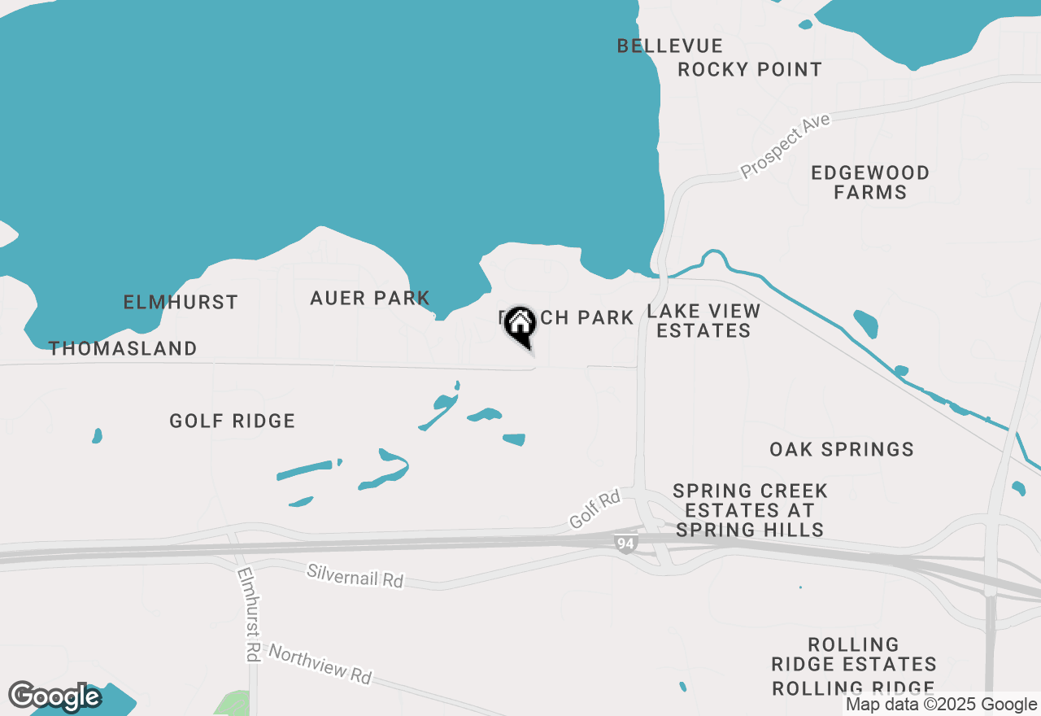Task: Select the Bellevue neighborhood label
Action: pyautogui.click(x=669, y=46)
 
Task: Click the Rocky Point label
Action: pyautogui.click(x=750, y=69)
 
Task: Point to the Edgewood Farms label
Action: pyautogui.click(x=870, y=182)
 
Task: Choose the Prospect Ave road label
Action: pyautogui.click(x=785, y=146)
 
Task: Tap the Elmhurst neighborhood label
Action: pyautogui.click(x=181, y=302)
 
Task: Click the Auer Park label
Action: pyautogui.click(x=370, y=298)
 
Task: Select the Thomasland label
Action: pyautogui.click(x=123, y=348)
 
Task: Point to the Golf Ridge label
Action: pyautogui.click(x=233, y=421)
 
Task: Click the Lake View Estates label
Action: pyautogui.click(x=704, y=321)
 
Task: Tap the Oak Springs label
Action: pyautogui.click(x=842, y=449)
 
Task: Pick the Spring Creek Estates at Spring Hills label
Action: pyautogui.click(x=750, y=510)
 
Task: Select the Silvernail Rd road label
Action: pyautogui.click(x=355, y=575)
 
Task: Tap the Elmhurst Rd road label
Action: pyautogui.click(x=247, y=613)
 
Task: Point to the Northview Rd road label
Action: pyautogui.click(x=320, y=664)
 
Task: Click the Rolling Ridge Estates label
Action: pyautogui.click(x=854, y=654)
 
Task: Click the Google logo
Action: pyautogui.click(x=54, y=697)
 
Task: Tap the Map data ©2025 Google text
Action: pyautogui.click(x=941, y=705)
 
